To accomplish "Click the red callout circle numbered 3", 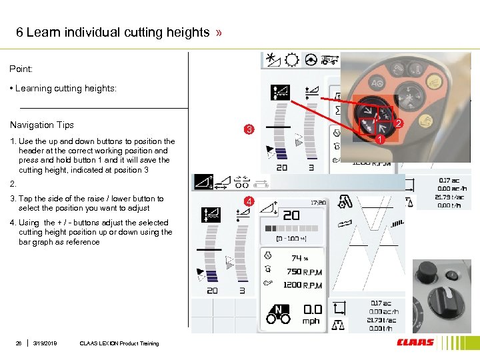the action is point(249,129).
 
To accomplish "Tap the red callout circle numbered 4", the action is point(249,201).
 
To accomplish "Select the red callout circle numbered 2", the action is point(398,123).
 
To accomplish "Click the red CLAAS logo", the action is point(415,343).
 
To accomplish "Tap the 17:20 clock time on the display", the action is point(318,202).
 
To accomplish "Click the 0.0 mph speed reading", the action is point(313,309).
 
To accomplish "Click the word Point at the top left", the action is point(21,69).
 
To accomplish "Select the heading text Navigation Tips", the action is point(42,125).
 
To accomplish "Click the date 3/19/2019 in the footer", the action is point(45,343).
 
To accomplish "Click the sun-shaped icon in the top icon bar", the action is point(291,59).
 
